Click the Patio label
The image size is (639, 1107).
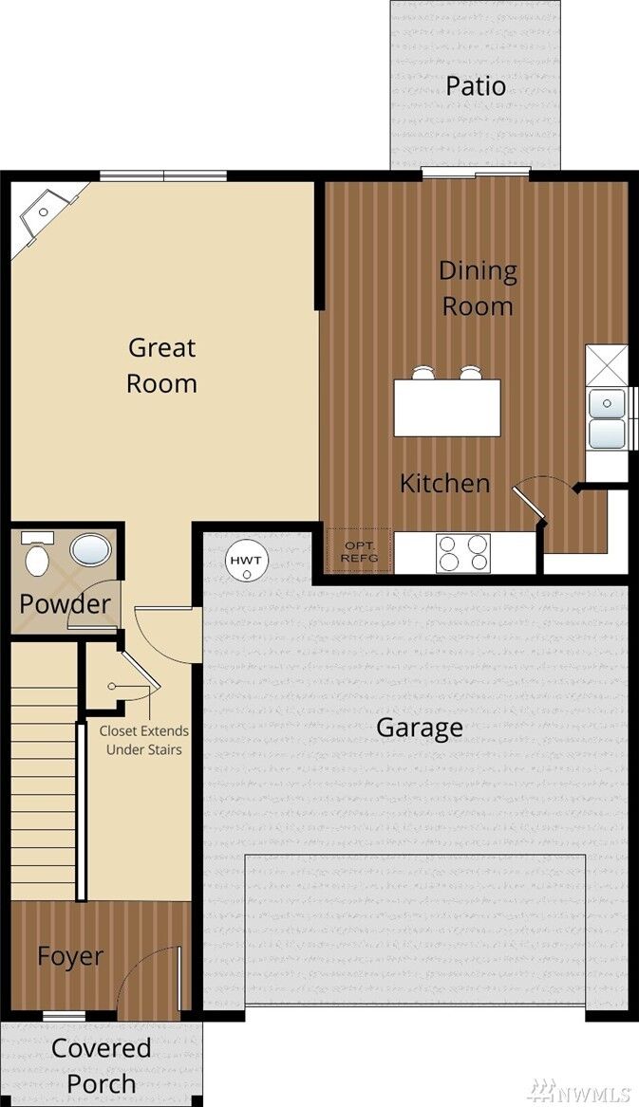coord(476,86)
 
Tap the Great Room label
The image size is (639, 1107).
coord(161,365)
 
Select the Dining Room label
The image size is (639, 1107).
coord(478,288)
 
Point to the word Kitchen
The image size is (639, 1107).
coord(444,483)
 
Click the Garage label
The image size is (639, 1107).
coord(419,728)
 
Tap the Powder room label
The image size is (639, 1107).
coord(65,603)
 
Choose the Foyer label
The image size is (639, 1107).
coord(70,956)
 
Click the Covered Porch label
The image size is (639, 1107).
coord(101,1065)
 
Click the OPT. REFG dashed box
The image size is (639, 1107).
coord(360,551)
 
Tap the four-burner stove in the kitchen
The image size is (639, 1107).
coord(463,553)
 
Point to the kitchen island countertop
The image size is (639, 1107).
coord(447,408)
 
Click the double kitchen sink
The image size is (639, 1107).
coord(607,418)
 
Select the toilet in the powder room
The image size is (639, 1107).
coord(37,555)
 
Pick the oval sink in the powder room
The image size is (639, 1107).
coord(90,550)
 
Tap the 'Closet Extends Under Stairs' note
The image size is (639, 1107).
coord(144,740)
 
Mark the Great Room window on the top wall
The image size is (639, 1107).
coord(163,175)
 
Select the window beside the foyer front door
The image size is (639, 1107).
coord(65,1016)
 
